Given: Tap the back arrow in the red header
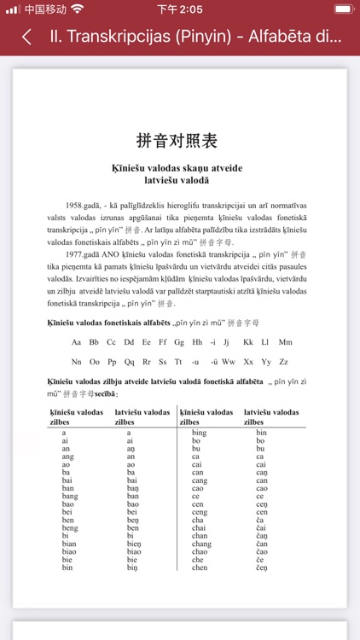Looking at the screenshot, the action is pos(27,38).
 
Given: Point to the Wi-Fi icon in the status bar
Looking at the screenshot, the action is pos(78,9).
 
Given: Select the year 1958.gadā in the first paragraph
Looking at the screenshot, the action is pos(84,206).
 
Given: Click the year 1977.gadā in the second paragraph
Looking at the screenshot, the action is pos(84,254).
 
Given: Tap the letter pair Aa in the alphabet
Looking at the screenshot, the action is pos(76,342).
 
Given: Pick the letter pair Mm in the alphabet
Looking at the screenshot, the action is pos(285,342).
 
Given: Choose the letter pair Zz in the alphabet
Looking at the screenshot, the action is pos(283,362).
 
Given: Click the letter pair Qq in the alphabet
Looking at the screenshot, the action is pos(131,362).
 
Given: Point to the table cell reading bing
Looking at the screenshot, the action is pos(200,433).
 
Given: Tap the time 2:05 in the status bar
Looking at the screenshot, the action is pos(179,9).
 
